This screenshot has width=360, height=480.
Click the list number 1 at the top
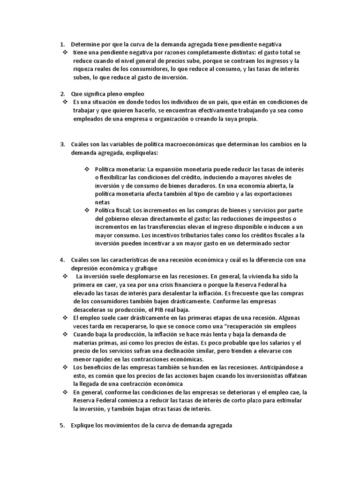tap(62, 44)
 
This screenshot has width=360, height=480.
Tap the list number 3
tap(62, 144)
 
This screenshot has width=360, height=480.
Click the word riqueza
tap(83, 69)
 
